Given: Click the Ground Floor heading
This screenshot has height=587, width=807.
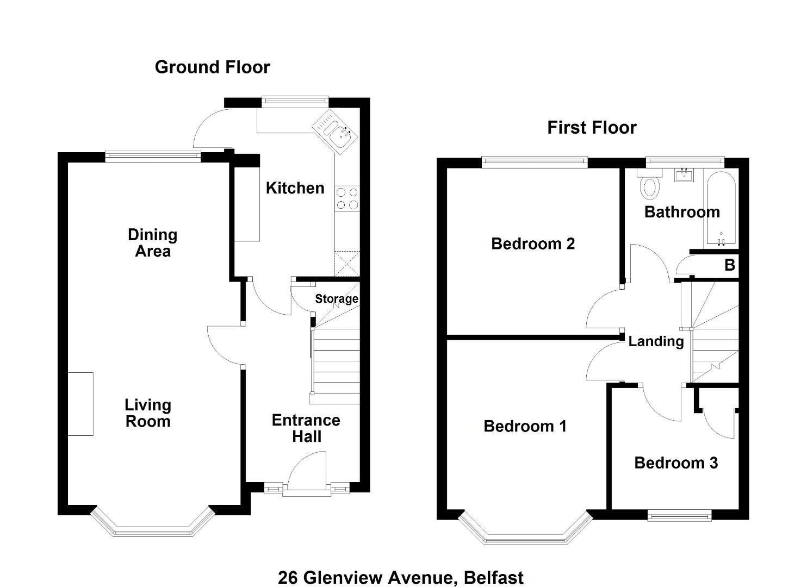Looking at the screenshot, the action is (212, 67).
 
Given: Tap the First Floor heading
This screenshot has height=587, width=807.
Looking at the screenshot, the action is (592, 128).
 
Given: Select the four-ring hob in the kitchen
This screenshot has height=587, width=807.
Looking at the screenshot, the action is (347, 198).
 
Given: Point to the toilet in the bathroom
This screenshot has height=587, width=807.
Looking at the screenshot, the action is (649, 184).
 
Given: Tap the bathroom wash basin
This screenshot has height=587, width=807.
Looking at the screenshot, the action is (683, 176).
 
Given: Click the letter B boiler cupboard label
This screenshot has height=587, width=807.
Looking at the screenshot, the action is (730, 265).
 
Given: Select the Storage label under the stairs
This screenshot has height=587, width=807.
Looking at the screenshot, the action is (337, 298).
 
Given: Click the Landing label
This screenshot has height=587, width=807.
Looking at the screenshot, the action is (656, 341).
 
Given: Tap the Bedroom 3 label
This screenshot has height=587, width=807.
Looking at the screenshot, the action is (676, 463).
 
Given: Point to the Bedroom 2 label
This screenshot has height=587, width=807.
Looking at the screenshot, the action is (533, 244).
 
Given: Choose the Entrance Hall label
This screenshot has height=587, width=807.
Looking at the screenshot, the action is (306, 428).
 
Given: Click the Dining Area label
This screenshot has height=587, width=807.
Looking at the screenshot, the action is (153, 243).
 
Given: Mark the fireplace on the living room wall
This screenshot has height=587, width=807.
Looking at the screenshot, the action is (80, 404).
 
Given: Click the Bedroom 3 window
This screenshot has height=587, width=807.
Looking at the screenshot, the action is (679, 515).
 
